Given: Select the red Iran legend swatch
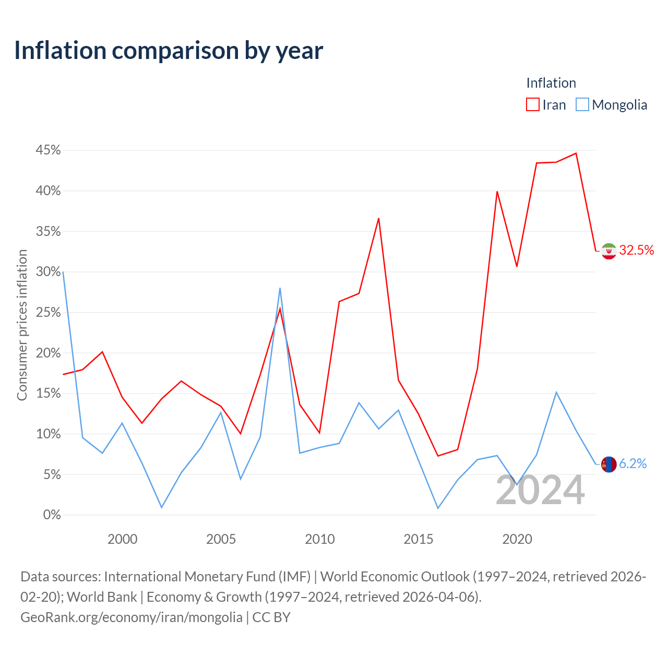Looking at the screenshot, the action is pos(532,104).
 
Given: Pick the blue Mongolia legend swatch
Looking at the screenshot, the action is pos(582,104).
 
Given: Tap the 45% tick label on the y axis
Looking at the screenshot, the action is pos(48,150).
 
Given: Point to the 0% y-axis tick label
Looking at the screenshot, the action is pos(52,515).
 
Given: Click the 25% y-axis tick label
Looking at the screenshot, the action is pos(48,312).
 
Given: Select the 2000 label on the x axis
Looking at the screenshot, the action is pos(122,539).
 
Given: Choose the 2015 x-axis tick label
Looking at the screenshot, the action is pos(419,539).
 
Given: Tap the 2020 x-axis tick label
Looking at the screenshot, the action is pos(517,539).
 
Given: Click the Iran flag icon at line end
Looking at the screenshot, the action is pos(609,251).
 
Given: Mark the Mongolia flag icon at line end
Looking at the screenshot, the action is pos(609,464).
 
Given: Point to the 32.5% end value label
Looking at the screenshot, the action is pos(637,250).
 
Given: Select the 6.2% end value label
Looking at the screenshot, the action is pos(633,463).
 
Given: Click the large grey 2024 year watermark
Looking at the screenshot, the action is pos(540,490).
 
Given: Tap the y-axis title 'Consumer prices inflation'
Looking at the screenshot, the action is pos(22,325).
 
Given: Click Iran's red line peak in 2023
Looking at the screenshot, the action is pos(576,153).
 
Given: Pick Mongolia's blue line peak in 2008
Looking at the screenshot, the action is pos(280,289).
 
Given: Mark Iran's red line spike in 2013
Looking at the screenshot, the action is pos(378,218).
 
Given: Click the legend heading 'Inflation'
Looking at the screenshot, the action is pos(551,83).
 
